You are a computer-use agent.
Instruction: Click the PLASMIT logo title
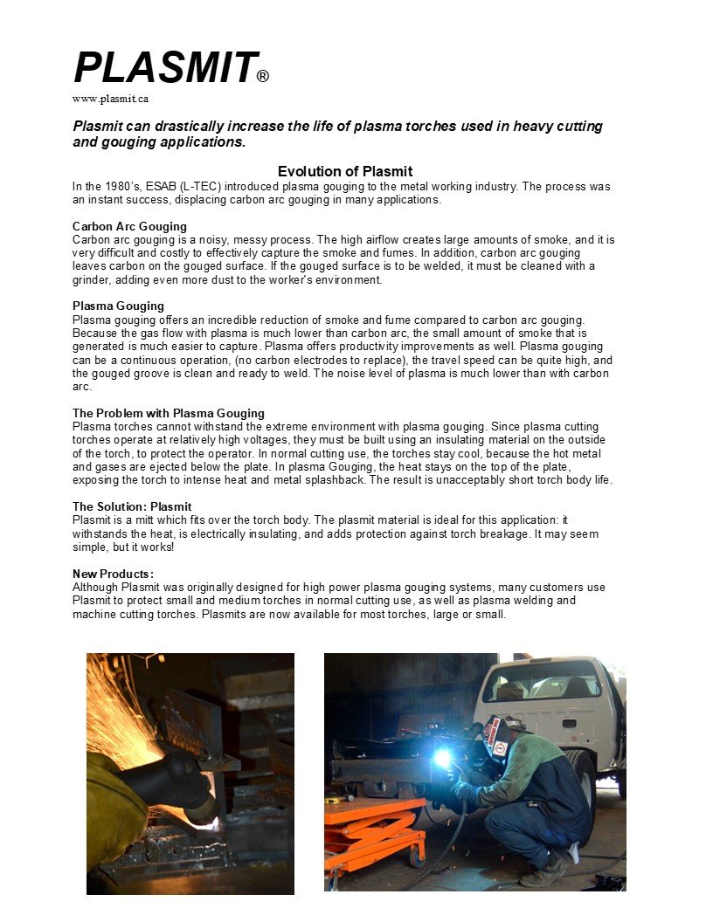tap(164, 68)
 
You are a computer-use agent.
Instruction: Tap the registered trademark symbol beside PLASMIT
tap(263, 77)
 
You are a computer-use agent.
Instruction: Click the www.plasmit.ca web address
tap(110, 99)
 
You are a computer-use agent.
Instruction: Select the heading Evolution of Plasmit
tap(345, 171)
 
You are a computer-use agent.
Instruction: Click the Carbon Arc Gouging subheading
tap(129, 227)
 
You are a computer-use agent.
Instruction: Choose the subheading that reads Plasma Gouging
tap(118, 306)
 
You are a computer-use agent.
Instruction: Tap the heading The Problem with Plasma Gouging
tap(169, 413)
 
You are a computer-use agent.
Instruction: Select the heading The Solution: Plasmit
tap(132, 506)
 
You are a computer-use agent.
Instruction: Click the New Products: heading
tap(114, 574)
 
